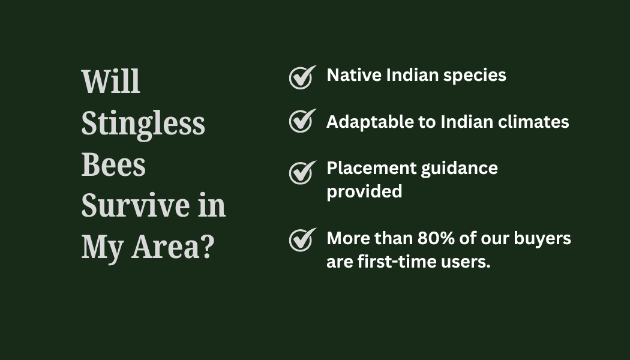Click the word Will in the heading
click(x=110, y=82)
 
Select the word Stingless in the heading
click(x=143, y=125)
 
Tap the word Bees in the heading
click(x=113, y=164)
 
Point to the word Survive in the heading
click(x=135, y=205)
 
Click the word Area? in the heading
click(x=173, y=246)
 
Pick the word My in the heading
click(x=102, y=249)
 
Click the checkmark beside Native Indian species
click(x=302, y=77)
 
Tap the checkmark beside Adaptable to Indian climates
click(x=302, y=121)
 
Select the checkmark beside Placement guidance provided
click(x=302, y=173)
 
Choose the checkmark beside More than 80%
click(x=302, y=240)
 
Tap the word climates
click(x=533, y=122)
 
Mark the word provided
click(x=364, y=192)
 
